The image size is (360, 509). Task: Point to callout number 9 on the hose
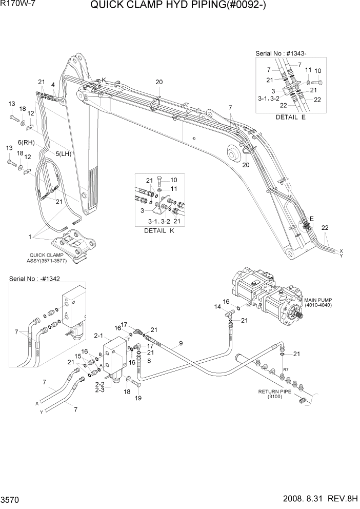181,343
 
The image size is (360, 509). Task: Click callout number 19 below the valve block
137,398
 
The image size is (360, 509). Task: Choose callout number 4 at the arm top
53,85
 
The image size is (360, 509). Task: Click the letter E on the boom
311,219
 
